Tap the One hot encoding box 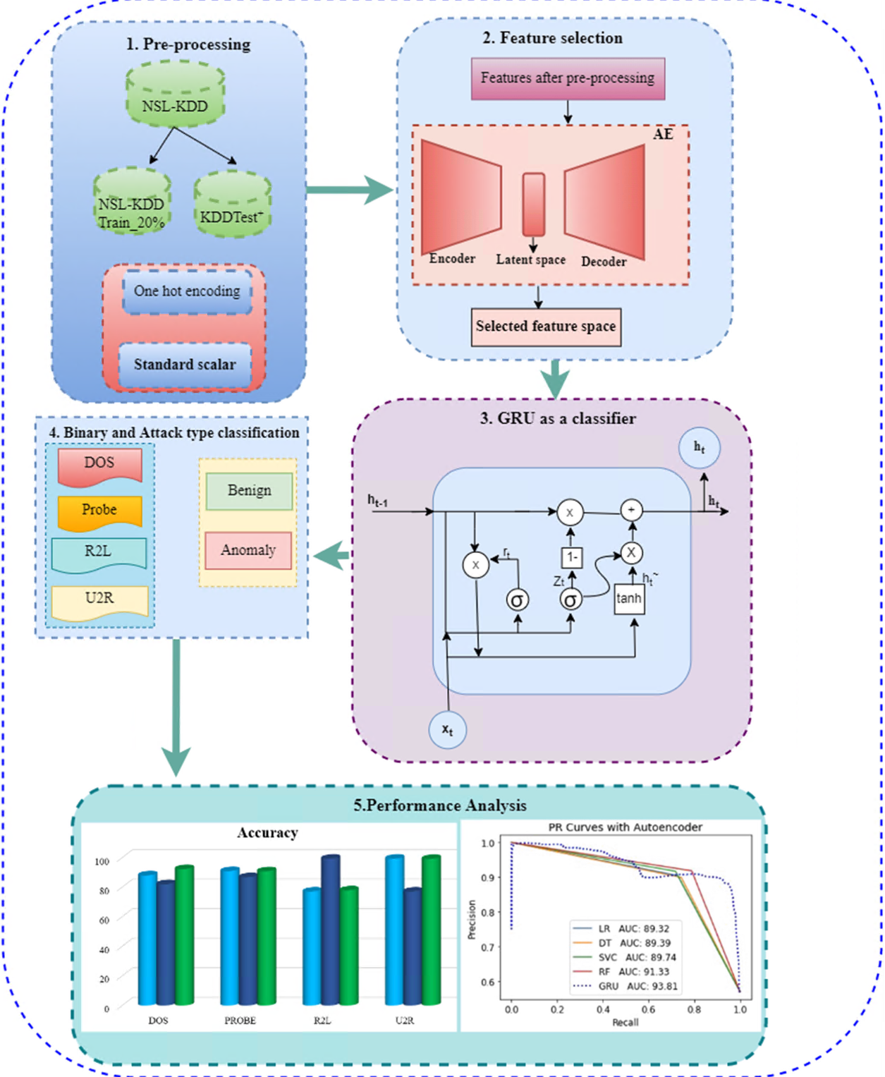coord(187,291)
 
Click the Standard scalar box coord(185,364)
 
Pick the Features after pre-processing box coord(568,78)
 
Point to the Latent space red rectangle coord(533,204)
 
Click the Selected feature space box coord(546,327)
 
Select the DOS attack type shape coord(99,464)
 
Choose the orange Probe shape coord(99,511)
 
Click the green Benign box coord(249,491)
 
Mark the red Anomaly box coord(248,550)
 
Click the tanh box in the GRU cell coord(628,599)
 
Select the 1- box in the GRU coord(571,557)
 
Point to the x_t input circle coord(447,729)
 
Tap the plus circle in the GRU coord(631,510)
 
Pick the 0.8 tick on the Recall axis coord(694,1009)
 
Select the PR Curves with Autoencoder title coord(625,827)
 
